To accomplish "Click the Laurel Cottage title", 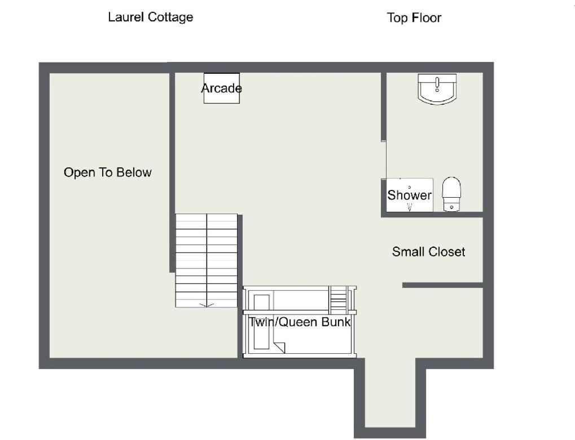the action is click(150, 17).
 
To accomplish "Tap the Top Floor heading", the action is click(414, 17).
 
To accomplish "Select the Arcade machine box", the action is click(222, 88).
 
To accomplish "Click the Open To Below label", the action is click(107, 172).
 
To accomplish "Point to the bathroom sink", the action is click(437, 89).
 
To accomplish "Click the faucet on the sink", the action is click(437, 84).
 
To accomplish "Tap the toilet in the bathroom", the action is click(451, 194).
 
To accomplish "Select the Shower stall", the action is click(410, 195).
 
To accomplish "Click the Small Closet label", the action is click(428, 252).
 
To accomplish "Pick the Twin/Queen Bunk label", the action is click(299, 322).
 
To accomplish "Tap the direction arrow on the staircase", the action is click(207, 305).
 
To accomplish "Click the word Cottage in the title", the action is click(170, 17).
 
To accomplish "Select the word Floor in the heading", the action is click(427, 17).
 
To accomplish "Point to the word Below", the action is click(134, 172).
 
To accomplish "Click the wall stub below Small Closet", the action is click(442, 285).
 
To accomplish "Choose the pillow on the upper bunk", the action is click(261, 302).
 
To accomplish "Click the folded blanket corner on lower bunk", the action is click(279, 348).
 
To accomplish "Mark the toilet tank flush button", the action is click(451, 207).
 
